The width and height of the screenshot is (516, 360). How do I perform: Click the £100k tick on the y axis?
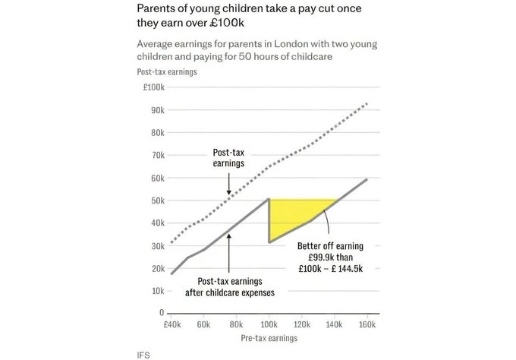point(153,87)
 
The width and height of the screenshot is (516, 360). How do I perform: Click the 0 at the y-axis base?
point(162,312)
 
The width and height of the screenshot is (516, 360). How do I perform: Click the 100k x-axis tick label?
point(269,324)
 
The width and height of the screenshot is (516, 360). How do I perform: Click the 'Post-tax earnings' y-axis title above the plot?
point(167,72)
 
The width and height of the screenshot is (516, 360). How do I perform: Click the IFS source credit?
point(143,354)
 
